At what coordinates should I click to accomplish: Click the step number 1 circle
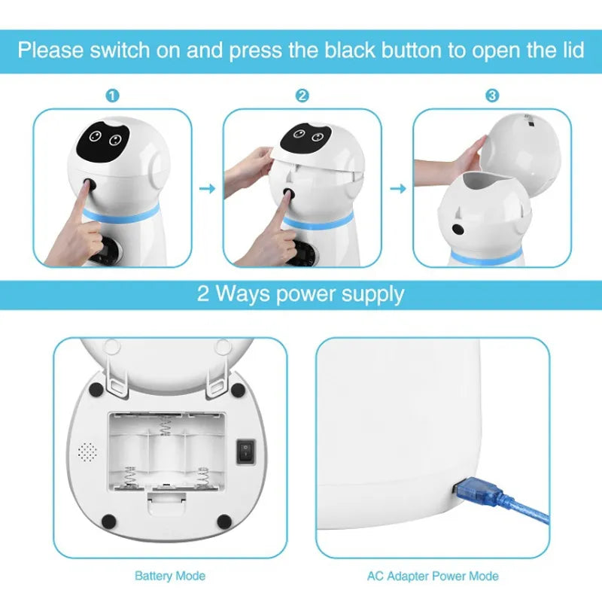112,96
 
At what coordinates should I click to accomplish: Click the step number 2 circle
302,96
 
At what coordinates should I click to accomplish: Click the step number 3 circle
491,96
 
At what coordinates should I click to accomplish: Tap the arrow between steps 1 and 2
207,188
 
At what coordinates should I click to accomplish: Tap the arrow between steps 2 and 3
397,188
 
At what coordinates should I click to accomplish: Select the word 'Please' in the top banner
51,51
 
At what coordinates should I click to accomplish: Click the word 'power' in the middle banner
299,293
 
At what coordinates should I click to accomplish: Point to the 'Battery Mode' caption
169,576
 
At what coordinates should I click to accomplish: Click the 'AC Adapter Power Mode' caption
432,576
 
